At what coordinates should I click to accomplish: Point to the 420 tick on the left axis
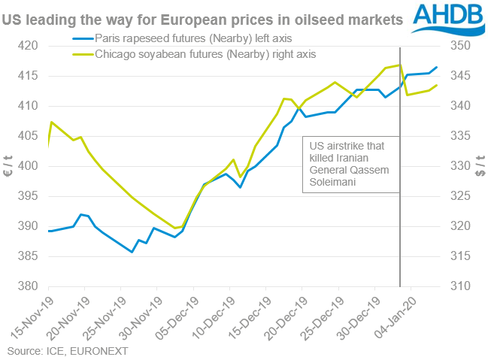point(31,46)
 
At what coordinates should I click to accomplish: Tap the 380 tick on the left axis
point(31,286)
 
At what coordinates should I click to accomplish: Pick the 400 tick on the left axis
point(31,166)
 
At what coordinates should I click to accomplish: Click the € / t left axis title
point(8,166)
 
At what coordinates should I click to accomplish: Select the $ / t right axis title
point(480,166)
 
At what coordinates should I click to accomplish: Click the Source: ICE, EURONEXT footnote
point(57,351)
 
